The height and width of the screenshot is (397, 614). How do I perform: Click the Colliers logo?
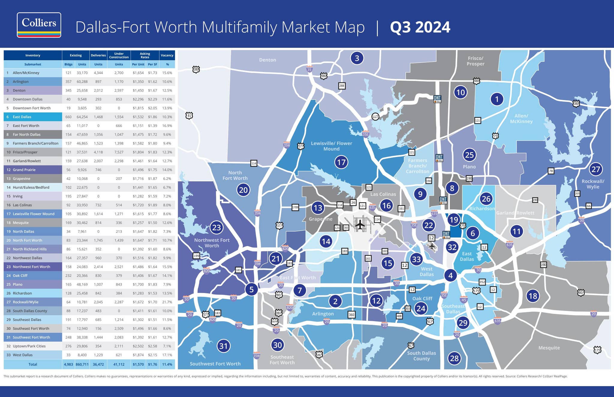(39, 25)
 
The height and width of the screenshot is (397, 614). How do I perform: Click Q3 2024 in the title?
(420, 27)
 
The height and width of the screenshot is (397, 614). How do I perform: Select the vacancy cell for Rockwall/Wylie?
(167, 302)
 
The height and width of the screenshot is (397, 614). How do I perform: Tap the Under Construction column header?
(119, 55)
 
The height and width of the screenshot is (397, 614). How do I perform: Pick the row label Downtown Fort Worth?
(31, 108)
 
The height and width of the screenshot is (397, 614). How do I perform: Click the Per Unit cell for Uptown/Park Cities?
(138, 346)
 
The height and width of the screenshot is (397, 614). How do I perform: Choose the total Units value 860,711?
(82, 364)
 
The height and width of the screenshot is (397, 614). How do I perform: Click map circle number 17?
(341, 162)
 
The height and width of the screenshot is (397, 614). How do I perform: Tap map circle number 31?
(223, 346)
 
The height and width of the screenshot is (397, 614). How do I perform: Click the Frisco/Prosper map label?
(475, 61)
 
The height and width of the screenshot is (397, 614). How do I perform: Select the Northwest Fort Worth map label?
(212, 243)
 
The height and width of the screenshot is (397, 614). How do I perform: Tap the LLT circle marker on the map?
(375, 117)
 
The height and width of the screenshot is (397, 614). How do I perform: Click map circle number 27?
(595, 169)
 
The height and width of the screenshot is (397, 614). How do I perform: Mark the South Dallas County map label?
(422, 356)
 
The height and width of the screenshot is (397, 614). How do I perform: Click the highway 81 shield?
(189, 116)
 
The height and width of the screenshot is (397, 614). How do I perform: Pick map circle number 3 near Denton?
(357, 58)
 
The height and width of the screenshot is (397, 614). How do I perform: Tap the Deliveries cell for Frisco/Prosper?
(98, 152)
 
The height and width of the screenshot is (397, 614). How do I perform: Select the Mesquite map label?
(549, 348)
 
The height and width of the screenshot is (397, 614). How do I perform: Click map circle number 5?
(251, 289)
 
